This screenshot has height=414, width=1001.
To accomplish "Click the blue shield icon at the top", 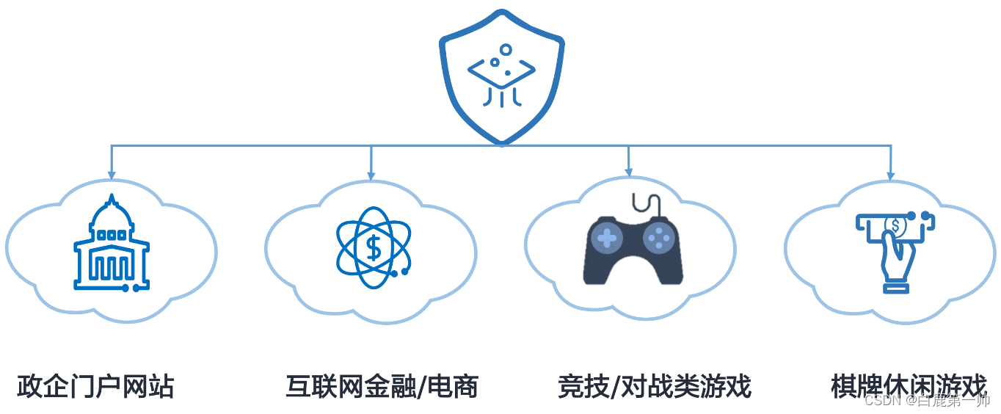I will coord(501,77).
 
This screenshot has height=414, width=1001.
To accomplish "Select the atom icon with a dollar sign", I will coord(374,247).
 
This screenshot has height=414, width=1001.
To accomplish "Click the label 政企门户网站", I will coord(95,386).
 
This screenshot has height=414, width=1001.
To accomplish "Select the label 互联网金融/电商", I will coord(382,386).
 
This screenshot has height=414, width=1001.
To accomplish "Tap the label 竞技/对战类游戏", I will coord(655,386).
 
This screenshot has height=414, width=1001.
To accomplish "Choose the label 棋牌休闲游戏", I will coord(909,385).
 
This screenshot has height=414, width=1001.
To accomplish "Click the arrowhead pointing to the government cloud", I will coord(112,175).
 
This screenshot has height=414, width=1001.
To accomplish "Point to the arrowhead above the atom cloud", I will coord(371,175).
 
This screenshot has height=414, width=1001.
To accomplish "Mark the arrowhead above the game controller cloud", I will coord(629,172).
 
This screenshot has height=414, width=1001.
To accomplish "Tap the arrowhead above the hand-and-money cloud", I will coord(890,175).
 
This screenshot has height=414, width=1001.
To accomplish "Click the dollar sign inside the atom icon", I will coord(374,248).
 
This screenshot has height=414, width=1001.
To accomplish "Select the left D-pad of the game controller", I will coord(607,237).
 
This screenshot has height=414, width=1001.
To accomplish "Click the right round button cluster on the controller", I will coord(659,237).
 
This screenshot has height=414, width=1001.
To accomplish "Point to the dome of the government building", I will coord(111,214).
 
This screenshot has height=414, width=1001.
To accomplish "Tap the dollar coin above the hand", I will coord(895,225).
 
